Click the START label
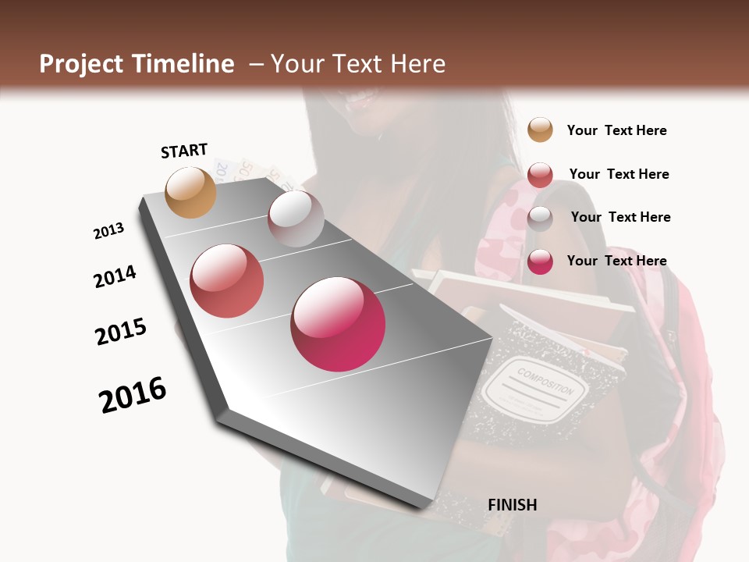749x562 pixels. pos(184,151)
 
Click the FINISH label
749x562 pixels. pos(512,505)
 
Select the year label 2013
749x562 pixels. pos(108,231)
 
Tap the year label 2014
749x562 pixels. pos(115,276)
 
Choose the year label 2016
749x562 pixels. pos(133,395)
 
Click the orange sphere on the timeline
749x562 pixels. pos(190,192)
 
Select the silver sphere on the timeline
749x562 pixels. pos(296,219)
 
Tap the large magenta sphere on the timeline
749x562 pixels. pos(338,324)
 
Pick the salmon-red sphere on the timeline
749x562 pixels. pos(227,281)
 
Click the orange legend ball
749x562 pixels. pos(540,130)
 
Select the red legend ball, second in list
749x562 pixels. pos(540,175)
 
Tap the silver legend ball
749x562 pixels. pos(540,219)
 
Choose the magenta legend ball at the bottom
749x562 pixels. pos(540,261)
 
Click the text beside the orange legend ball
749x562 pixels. pos(616,130)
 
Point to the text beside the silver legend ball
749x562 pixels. pos(620,217)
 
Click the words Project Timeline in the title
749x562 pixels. pos(137,64)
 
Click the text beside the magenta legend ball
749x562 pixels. pos(616,261)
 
